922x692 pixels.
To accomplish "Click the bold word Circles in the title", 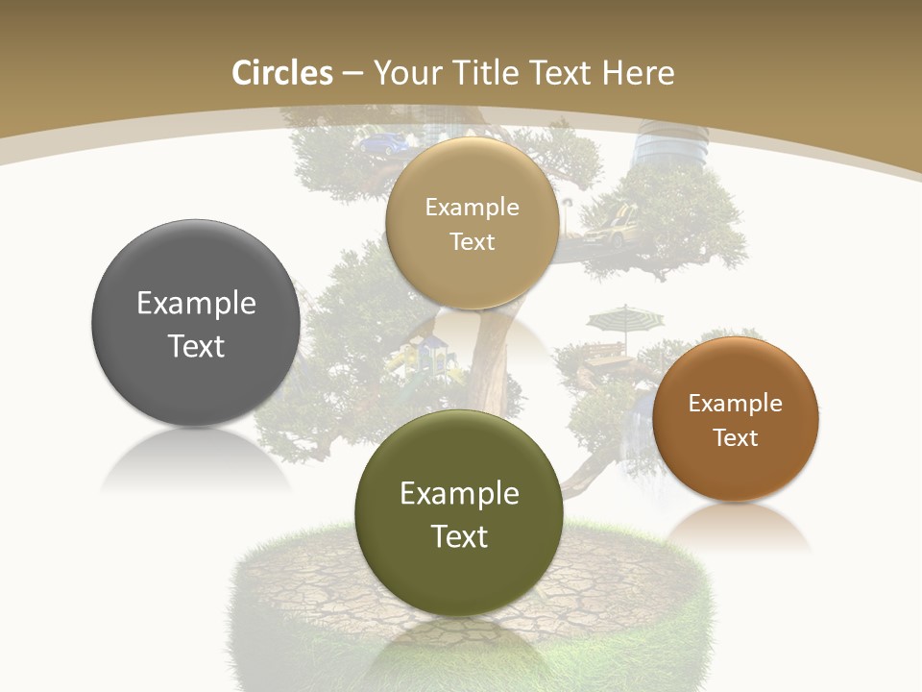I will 281,73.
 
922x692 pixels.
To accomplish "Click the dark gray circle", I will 196,323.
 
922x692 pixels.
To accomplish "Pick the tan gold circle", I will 472,223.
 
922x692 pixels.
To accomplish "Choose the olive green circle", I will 459,513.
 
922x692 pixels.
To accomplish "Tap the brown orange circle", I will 736,419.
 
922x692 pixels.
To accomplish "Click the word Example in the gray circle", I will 196,304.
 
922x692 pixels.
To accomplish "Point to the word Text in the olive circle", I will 459,535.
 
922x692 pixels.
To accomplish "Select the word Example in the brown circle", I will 736,403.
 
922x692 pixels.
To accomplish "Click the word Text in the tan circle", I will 472,241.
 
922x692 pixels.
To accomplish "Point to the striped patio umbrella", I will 619,316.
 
